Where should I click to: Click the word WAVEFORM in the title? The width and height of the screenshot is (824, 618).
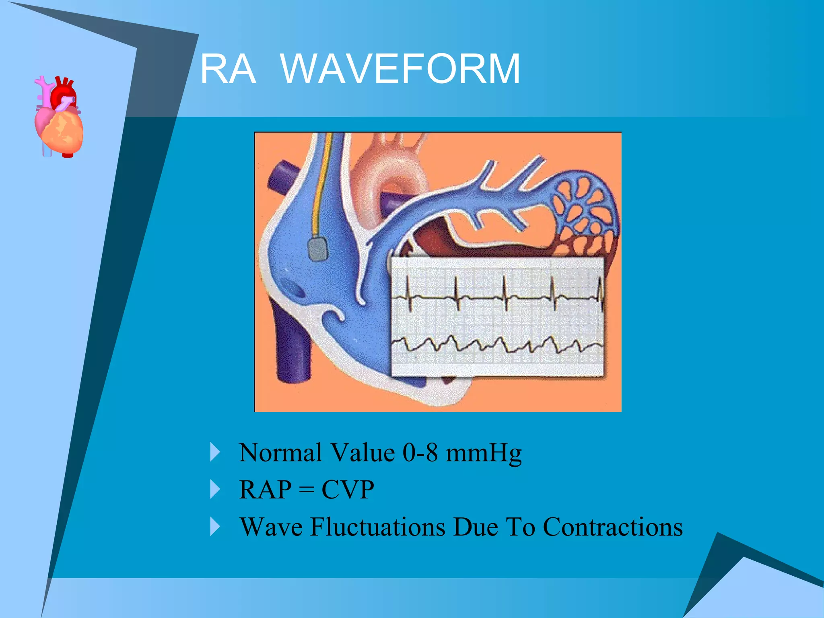pos(400,69)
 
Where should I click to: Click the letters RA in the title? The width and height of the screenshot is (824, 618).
pos(228,69)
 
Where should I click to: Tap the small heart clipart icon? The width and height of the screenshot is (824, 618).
pos(59,117)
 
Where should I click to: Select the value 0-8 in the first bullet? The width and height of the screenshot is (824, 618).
pos(420,453)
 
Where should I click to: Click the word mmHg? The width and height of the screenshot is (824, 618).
pos(484,453)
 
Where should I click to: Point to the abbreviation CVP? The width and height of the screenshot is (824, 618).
pos(348,490)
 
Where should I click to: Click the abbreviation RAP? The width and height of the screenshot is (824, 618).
pos(265,490)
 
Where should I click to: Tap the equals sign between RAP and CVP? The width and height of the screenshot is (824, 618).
pos(306,490)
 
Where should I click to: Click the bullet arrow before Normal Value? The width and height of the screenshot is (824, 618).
pos(215,453)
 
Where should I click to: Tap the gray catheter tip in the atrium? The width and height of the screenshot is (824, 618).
pos(318,249)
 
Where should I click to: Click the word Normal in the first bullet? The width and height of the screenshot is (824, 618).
pos(279,453)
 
